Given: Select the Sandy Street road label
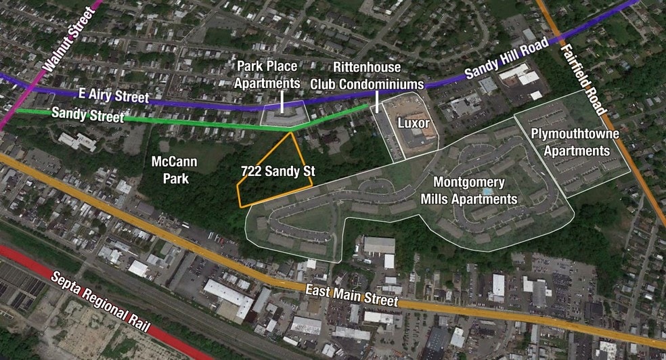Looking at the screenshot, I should (88, 115).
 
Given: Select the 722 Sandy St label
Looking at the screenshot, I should (277, 172).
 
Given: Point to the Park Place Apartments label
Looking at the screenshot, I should (267, 74).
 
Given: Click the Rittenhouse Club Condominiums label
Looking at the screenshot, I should (368, 76).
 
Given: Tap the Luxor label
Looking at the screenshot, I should (413, 125).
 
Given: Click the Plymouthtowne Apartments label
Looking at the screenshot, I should (575, 141).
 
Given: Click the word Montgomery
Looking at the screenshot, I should (469, 182).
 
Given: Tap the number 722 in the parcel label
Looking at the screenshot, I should (252, 172).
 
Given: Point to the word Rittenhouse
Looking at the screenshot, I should (368, 68).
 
